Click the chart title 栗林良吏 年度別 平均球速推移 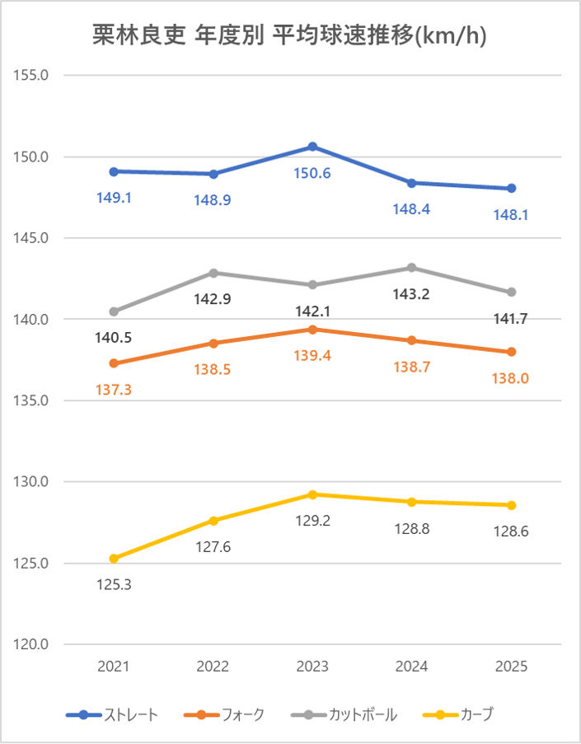[x=289, y=37]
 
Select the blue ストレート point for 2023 [x=312, y=147]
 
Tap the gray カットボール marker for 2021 [x=114, y=311]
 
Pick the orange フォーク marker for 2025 [x=512, y=352]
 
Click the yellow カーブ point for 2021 [x=114, y=559]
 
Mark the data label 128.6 [x=512, y=531]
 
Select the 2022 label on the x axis [x=213, y=667]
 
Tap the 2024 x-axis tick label [x=412, y=667]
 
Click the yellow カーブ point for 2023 [x=312, y=494]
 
